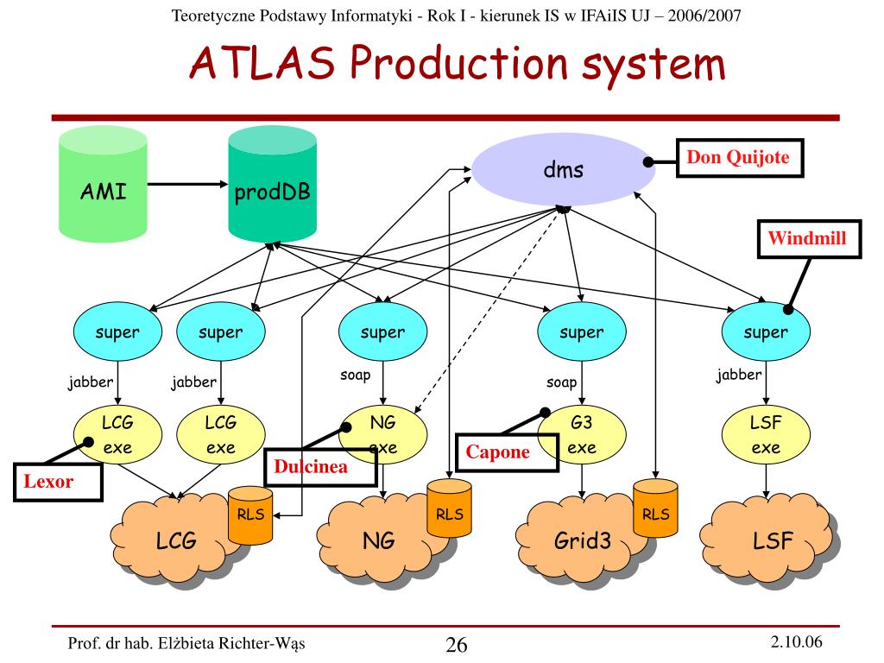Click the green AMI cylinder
(x=104, y=185)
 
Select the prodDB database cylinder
(x=272, y=185)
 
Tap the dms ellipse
(x=563, y=169)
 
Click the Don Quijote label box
(x=740, y=158)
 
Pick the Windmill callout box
(x=809, y=239)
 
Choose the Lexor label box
(x=58, y=482)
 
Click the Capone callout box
(x=507, y=452)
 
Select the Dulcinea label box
(x=320, y=467)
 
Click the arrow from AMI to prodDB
(x=187, y=184)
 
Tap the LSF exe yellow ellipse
(x=766, y=435)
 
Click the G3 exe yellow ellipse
(x=582, y=435)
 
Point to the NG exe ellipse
(x=382, y=435)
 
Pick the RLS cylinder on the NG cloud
(x=449, y=508)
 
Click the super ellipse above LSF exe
(x=766, y=331)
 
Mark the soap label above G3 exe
(x=561, y=382)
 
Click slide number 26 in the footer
(x=456, y=644)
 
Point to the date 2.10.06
(x=796, y=641)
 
